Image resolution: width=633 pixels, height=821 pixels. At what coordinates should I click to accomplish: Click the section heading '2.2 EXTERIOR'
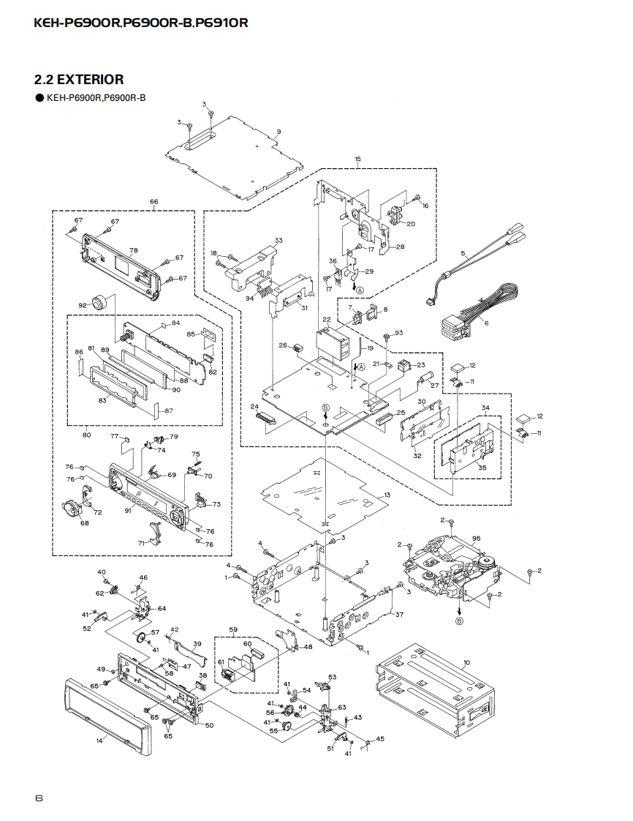78,79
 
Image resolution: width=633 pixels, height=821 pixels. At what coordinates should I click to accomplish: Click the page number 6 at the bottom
39,798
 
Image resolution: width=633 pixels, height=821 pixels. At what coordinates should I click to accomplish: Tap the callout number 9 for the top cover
278,132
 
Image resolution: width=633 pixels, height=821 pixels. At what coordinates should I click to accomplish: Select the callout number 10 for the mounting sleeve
466,663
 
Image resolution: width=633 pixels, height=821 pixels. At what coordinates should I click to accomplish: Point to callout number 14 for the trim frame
99,740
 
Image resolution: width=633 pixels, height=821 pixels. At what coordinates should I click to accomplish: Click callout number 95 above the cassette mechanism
476,539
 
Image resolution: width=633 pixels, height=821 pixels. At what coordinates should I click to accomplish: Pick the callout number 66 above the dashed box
153,201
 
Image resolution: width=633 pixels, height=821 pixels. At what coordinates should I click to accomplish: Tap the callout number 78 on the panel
133,250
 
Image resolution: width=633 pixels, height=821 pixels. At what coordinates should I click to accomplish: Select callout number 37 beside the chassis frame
399,615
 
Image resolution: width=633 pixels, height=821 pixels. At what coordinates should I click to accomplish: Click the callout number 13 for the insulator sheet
387,495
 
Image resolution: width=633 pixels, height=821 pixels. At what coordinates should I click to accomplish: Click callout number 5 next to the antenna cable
463,253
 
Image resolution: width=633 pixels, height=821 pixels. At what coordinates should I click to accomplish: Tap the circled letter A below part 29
359,290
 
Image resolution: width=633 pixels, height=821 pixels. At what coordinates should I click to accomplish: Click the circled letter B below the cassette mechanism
460,621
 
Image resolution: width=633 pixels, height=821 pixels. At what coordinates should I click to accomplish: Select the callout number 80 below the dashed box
86,435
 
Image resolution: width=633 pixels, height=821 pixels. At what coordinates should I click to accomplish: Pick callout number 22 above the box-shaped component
327,320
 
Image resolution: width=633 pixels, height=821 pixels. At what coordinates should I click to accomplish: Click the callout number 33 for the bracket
278,240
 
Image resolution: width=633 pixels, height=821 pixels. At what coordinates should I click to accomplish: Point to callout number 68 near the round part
85,523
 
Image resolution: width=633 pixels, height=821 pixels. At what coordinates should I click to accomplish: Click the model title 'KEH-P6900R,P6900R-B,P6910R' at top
141,23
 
